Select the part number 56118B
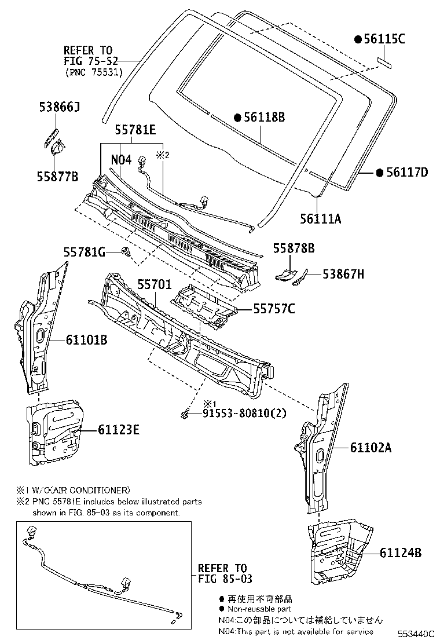pos(264,118)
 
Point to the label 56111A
pos(320,218)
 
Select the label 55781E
pos(135,131)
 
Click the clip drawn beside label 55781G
pos(126,252)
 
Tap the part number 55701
pos(154,284)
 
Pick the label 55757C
pos(274,309)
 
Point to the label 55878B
pos(294,248)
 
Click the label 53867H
pos(343,275)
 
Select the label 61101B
pos(86,340)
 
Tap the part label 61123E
pos(118,430)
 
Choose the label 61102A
pos(371,447)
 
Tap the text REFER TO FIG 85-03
pos(222,573)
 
